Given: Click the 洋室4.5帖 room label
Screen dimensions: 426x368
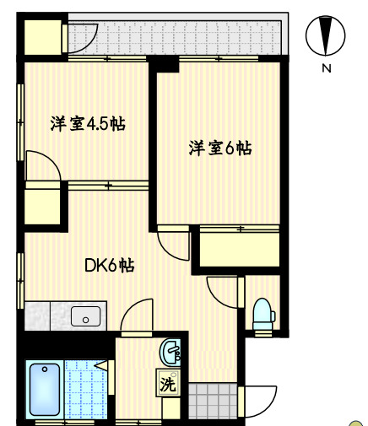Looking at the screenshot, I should pos(88,124).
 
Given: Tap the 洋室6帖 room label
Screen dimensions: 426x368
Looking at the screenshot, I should pos(219,148).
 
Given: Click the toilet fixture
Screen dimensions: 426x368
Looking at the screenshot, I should pos(263,314).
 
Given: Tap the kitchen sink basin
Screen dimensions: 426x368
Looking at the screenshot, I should pos(84,316).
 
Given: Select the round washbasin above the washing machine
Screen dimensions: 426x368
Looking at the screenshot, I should pos(171,351).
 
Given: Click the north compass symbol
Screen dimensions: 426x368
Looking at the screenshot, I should pos(327,36).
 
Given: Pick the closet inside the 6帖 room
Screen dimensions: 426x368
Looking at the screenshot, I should pos(240,249).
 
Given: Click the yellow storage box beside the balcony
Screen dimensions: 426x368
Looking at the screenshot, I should pos(42,36).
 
